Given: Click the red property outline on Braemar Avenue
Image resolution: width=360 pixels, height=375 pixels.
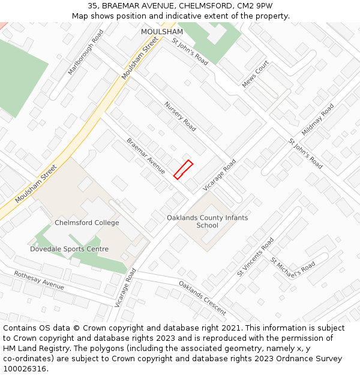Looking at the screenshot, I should pyautogui.click(x=183, y=169).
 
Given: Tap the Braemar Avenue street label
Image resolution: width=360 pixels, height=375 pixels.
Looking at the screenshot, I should pyautogui.click(x=146, y=157).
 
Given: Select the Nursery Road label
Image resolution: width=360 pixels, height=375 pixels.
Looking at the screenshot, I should pyautogui.click(x=180, y=116).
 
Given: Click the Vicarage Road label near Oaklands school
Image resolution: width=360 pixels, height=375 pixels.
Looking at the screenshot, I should pyautogui.click(x=220, y=175).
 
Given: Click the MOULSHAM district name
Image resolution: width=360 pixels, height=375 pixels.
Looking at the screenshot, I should pyautogui.click(x=161, y=31).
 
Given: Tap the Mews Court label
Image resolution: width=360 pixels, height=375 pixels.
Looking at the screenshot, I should pyautogui.click(x=255, y=74).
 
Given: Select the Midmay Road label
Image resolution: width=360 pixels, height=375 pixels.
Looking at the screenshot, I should pyautogui.click(x=318, y=119).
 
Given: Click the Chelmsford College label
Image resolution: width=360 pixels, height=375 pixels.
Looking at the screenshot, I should pyautogui.click(x=87, y=223).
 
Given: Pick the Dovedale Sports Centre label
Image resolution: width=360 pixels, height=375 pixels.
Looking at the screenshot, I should pyautogui.click(x=70, y=249).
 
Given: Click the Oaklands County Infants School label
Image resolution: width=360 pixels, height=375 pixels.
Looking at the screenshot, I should pyautogui.click(x=207, y=221).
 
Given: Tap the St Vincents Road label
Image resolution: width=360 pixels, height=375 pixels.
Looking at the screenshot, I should pyautogui.click(x=255, y=257).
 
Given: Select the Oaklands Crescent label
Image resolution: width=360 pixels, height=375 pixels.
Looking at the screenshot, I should pyautogui.click(x=202, y=298).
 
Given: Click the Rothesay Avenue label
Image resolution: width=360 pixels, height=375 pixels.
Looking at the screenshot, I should pyautogui.click(x=39, y=280).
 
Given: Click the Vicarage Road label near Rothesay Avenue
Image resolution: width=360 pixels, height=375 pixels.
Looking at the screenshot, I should pyautogui.click(x=125, y=287).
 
